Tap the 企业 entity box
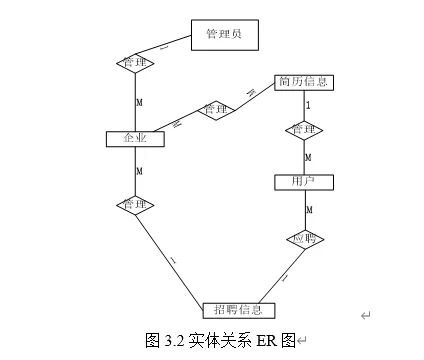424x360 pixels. point(135,138)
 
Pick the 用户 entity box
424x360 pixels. point(303,182)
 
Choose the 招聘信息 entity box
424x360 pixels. point(238,309)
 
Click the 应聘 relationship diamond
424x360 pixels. point(303,239)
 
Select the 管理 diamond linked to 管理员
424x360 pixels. point(135,62)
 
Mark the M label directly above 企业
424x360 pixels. point(140,104)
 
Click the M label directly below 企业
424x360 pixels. point(140,172)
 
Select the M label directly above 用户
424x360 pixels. point(308,158)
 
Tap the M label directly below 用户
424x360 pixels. point(308,210)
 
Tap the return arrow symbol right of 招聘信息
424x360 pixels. point(365,315)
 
